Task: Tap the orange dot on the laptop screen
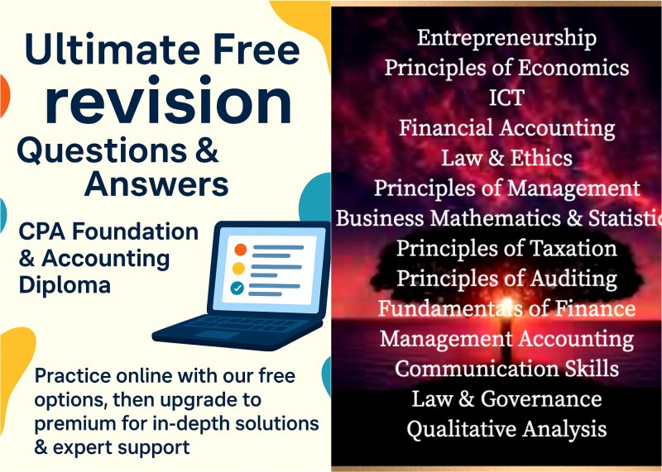(x=240, y=249)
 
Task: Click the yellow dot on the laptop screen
(x=238, y=269)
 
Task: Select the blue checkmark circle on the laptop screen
(x=238, y=288)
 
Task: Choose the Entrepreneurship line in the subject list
(x=506, y=38)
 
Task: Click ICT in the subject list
(x=506, y=98)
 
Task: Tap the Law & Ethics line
(x=506, y=158)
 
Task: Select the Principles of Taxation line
(x=506, y=248)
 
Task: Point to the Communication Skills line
(x=506, y=368)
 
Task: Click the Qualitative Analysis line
(x=506, y=429)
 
